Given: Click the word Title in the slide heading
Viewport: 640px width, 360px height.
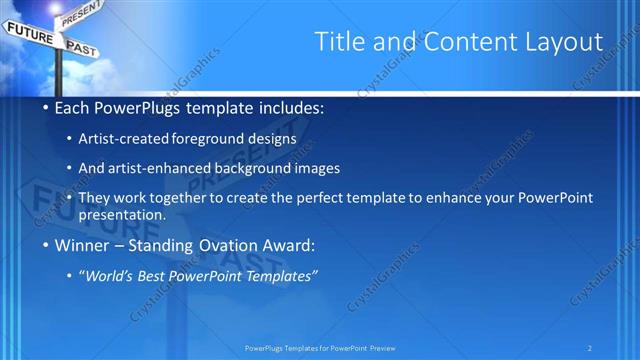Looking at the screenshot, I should [x=338, y=41].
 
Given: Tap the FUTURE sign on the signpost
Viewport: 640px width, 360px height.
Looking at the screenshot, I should [x=29, y=32].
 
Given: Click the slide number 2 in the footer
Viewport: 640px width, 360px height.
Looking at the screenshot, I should [x=590, y=348].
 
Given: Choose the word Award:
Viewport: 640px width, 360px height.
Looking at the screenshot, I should [x=290, y=245].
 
